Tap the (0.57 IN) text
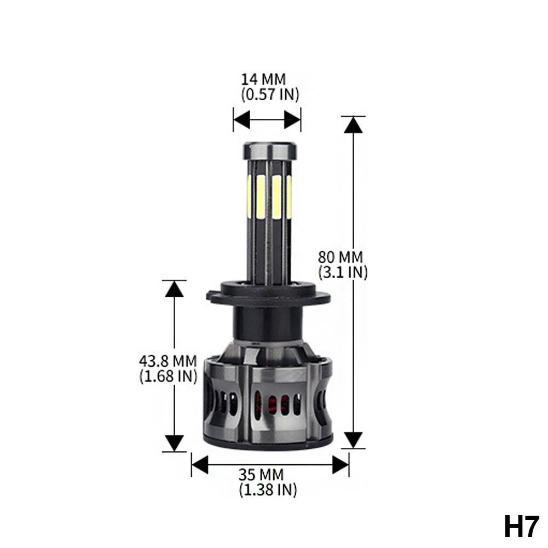point(270,94)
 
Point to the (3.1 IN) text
point(343,272)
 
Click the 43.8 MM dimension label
point(168,361)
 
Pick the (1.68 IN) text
point(168,376)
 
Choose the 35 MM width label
point(268,475)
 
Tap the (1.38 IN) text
point(268,489)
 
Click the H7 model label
point(522,527)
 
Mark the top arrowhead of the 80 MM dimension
point(353,125)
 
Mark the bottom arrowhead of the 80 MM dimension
point(353,439)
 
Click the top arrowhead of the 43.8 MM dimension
point(174,289)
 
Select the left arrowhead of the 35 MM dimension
point(200,465)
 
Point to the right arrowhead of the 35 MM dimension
point(341,465)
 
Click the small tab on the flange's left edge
point(210,296)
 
